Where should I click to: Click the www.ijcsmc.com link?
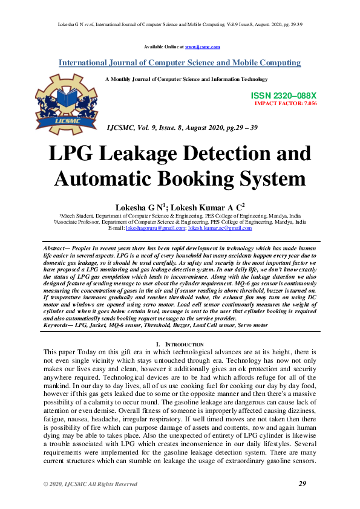pyautogui.click(x=202, y=47)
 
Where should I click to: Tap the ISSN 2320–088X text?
pyautogui.click(x=283, y=96)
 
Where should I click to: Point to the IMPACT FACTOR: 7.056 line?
pyautogui.click(x=286, y=103)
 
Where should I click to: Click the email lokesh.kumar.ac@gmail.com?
pyautogui.click(x=220, y=228)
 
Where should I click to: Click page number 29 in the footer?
pyautogui.click(x=303, y=484)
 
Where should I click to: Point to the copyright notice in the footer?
pyautogui.click(x=90, y=484)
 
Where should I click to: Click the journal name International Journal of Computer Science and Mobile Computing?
pyautogui.click(x=180, y=63)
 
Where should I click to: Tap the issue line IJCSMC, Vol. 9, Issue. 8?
pyautogui.click(x=182, y=128)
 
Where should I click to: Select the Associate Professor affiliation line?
pyautogui.click(x=180, y=222)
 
